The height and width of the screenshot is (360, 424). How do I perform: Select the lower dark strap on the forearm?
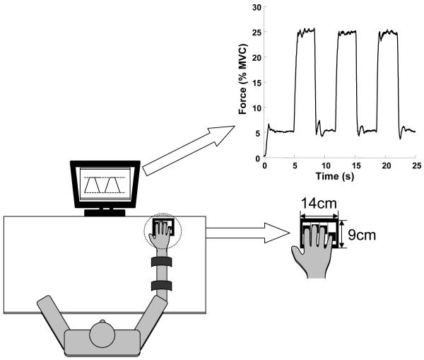(x=161, y=286)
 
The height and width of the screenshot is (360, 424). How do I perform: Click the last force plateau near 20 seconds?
(x=388, y=32)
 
